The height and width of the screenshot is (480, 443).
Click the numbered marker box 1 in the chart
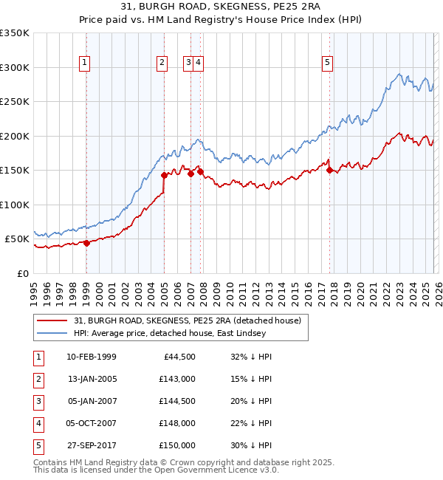[86, 64]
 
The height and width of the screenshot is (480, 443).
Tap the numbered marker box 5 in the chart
[326, 64]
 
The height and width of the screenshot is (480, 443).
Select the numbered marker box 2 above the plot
[161, 64]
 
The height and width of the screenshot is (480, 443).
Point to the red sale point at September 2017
[329, 170]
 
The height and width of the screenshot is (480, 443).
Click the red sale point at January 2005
[164, 175]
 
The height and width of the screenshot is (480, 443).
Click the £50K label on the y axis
[16, 239]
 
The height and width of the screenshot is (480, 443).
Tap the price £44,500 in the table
[178, 357]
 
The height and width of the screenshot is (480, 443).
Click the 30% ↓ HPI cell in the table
[251, 445]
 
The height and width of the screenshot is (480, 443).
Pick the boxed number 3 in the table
[36, 401]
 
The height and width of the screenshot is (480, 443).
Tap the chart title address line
[221, 7]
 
